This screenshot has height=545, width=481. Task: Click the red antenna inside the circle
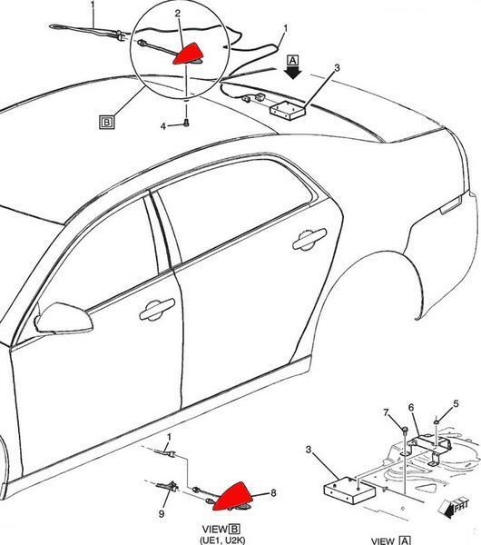pos(188,54)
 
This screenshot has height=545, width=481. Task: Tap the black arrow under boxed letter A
pos(293,73)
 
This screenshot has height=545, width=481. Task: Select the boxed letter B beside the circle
pos(107,122)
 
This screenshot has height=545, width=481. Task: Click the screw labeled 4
pos(186,123)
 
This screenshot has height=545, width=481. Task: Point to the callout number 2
pos(178,14)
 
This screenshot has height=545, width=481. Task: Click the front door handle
pos(157,309)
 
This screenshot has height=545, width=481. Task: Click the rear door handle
pos(309,238)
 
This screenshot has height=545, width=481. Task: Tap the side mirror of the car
pos(64,318)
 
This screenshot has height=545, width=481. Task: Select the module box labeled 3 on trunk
pos(288,110)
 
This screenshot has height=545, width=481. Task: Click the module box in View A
pos(349,490)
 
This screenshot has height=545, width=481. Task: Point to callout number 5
pos(456,404)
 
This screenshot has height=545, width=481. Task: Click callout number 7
pos(387,412)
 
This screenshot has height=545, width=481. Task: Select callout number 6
pos(411,407)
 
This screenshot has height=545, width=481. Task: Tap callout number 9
pos(162,513)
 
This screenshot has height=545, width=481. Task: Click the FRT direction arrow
pos(453,508)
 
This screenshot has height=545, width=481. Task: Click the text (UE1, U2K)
pos(222,540)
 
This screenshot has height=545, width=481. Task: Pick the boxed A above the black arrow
pos(293,61)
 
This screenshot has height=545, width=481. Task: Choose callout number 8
pos(273,493)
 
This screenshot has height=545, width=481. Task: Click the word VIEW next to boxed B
pos(215,530)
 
